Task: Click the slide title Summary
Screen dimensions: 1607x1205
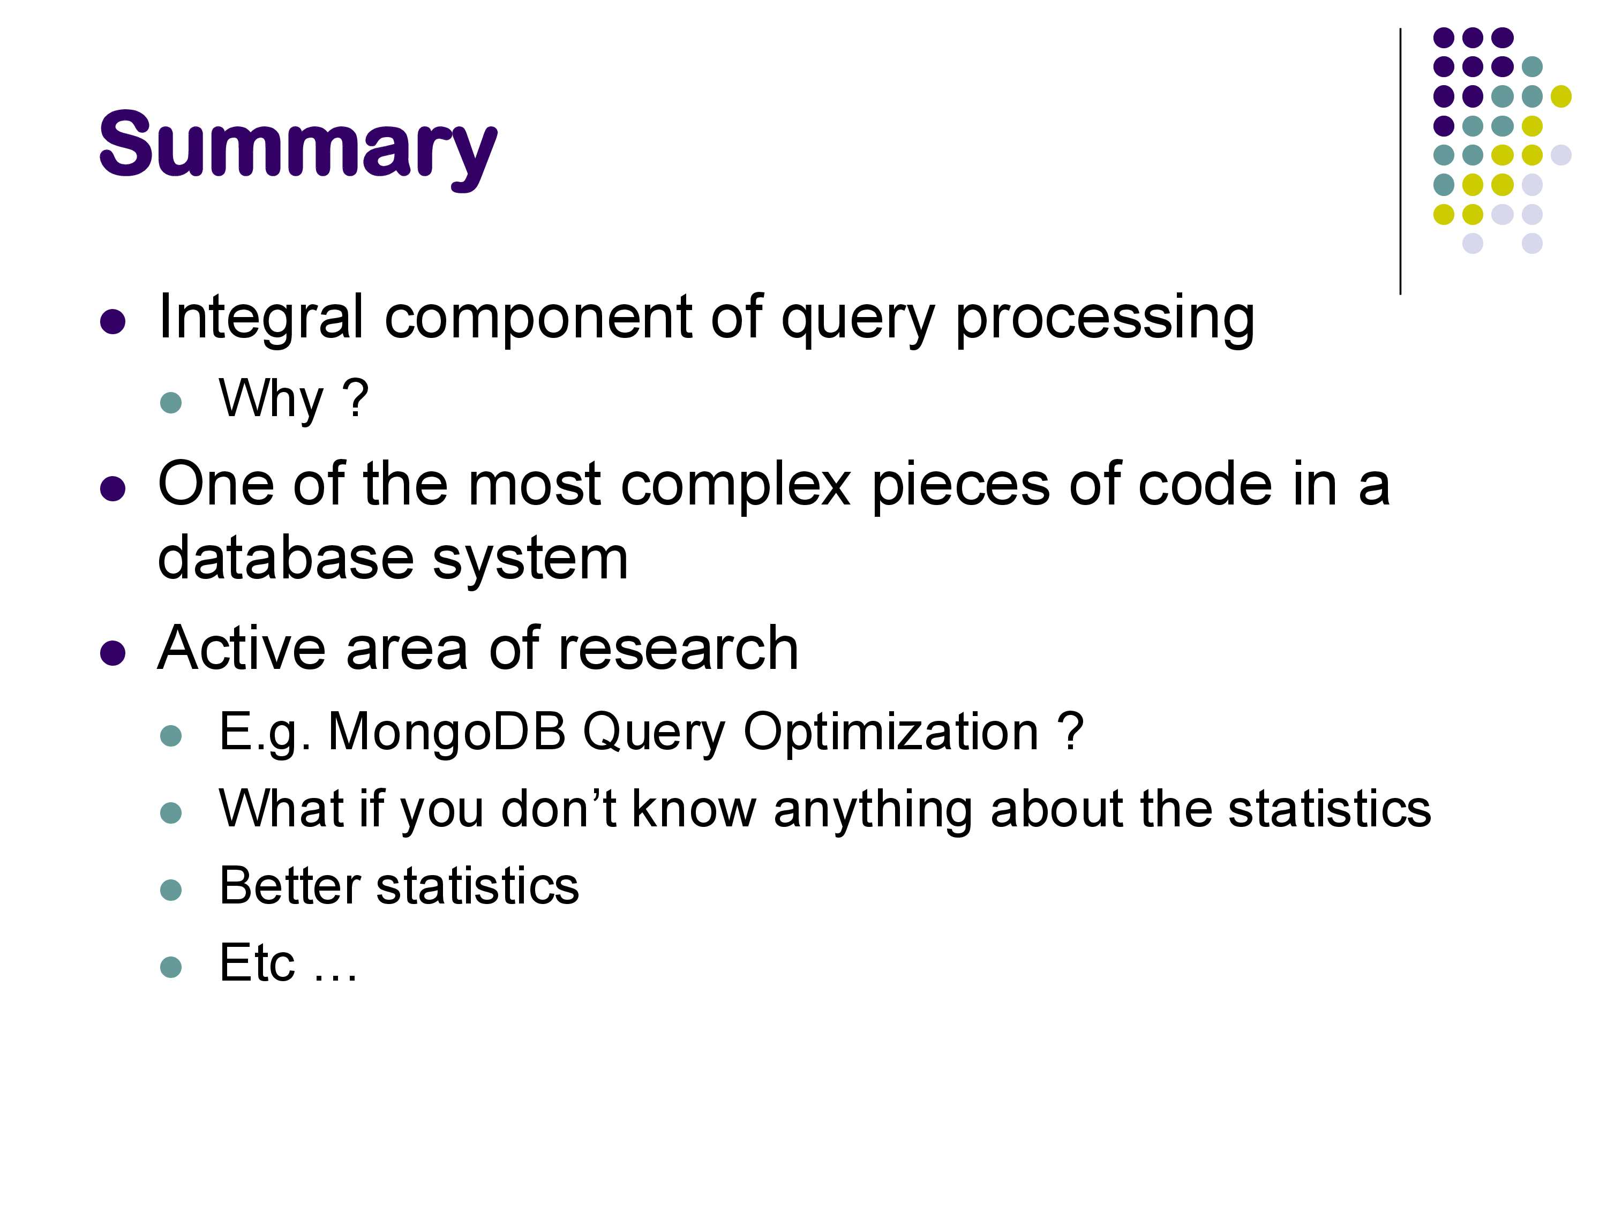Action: click(298, 149)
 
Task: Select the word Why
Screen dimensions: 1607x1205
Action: click(271, 400)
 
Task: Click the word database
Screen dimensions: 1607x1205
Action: click(286, 558)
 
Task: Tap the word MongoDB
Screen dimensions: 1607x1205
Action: click(447, 732)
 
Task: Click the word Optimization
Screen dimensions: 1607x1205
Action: click(891, 732)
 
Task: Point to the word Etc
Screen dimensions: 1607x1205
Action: click(257, 963)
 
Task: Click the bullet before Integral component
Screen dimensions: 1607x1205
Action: click(112, 321)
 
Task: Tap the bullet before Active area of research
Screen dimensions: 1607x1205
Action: click(112, 652)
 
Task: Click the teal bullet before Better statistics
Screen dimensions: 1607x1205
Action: click(171, 890)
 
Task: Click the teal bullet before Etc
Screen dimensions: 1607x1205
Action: click(171, 967)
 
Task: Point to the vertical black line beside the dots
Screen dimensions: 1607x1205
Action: click(1400, 161)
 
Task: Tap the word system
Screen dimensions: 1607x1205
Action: click(530, 561)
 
